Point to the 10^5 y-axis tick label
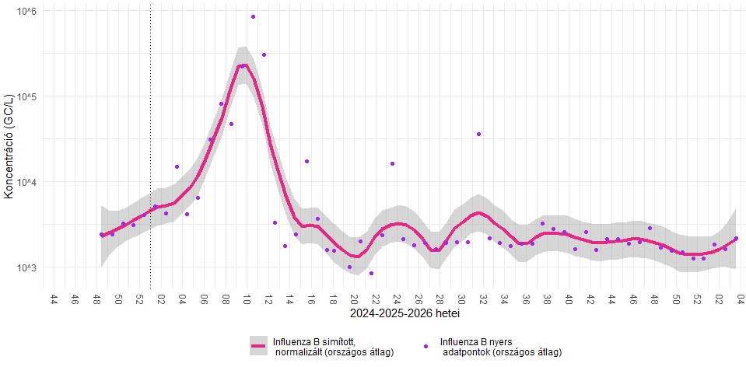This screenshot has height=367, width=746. [x=28, y=96]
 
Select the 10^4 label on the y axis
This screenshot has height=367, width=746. [x=28, y=182]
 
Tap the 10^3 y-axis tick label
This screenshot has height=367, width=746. [x=28, y=267]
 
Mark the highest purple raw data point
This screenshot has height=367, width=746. [x=253, y=16]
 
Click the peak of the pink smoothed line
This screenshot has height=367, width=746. [x=244, y=65]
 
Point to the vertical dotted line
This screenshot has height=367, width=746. [x=150, y=146]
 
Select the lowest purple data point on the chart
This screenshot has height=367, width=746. [x=371, y=274]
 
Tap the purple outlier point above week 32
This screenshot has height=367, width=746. [x=478, y=134]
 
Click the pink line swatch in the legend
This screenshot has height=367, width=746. [x=257, y=346]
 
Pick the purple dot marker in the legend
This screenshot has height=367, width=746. [x=426, y=346]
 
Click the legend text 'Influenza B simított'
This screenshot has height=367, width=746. [x=313, y=342]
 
